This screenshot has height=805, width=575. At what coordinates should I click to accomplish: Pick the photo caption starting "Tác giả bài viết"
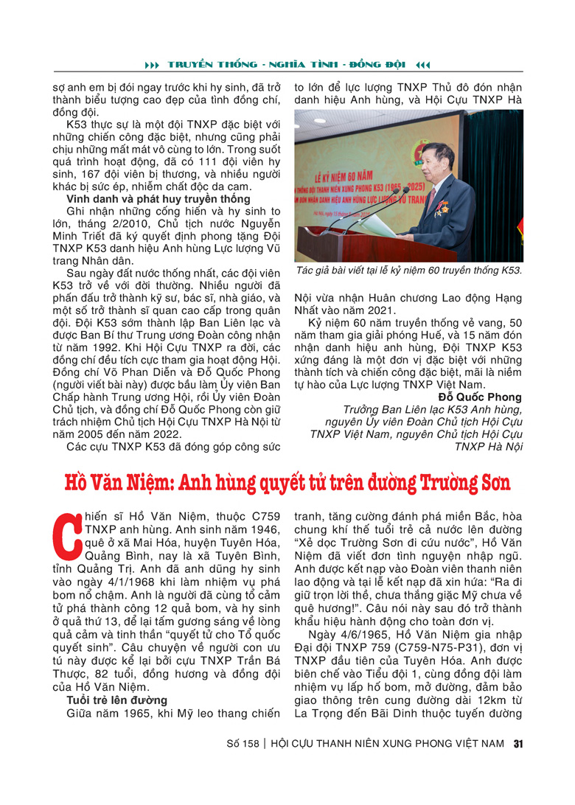408,271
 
